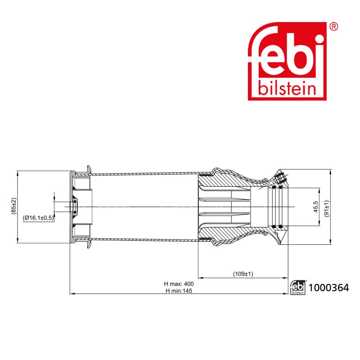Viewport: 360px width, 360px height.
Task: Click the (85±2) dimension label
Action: [x=14, y=206]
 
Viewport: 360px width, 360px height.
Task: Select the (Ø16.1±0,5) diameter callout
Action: [x=38, y=218]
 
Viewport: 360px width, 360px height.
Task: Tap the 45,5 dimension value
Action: [x=316, y=207]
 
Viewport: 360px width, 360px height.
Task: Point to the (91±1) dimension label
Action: [x=327, y=208]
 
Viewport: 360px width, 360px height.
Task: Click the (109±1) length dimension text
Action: [x=243, y=274]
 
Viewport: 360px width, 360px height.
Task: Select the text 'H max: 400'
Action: [x=179, y=284]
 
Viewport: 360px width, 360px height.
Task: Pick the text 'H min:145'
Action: [x=179, y=291]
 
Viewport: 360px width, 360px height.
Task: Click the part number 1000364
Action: [x=329, y=288]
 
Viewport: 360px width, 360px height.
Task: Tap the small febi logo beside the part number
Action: [x=298, y=288]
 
